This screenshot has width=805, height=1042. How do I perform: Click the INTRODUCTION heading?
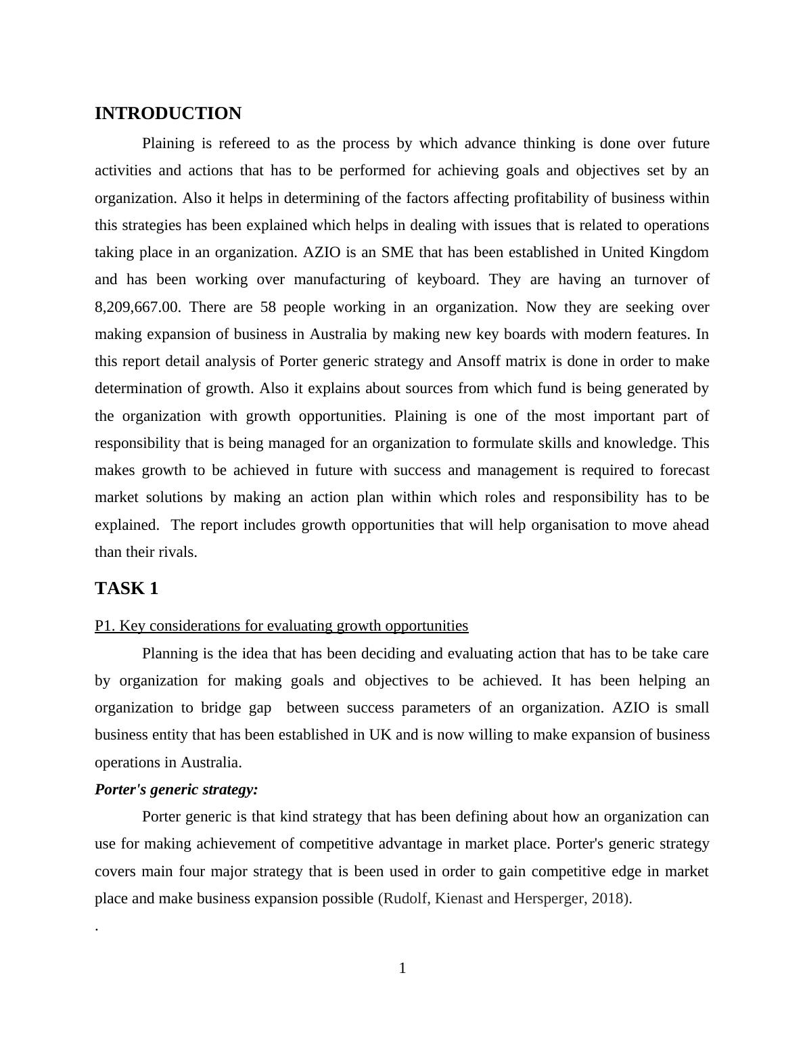(168, 114)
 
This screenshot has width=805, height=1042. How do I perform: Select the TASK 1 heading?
(127, 589)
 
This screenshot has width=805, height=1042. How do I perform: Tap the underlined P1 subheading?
(281, 626)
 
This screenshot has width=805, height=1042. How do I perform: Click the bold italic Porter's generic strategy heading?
(177, 790)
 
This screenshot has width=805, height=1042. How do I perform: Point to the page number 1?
(402, 968)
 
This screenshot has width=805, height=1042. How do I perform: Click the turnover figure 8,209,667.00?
(137, 307)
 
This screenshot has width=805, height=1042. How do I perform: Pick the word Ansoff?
(479, 361)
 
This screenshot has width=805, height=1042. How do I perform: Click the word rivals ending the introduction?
(178, 552)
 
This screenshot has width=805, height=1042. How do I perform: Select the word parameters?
(436, 708)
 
